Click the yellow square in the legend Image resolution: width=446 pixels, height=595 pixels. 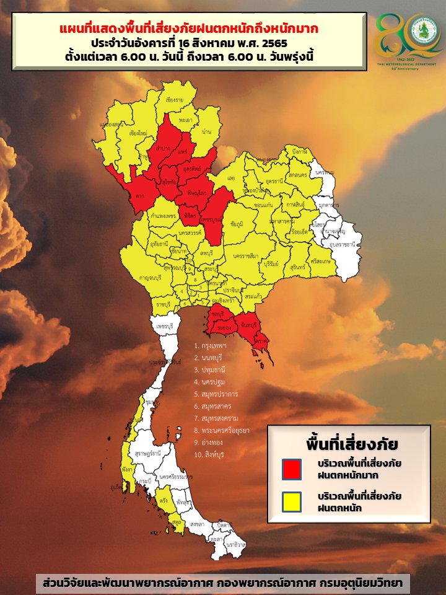[292, 501]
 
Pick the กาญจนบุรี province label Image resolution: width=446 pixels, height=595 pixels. [151, 278]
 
